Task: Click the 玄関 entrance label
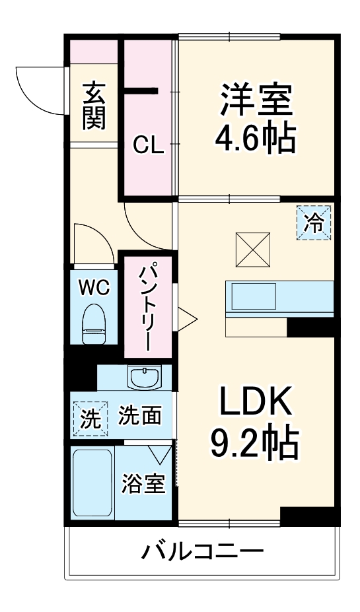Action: [94, 105]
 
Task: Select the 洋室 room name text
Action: [255, 100]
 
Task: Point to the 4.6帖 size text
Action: [255, 138]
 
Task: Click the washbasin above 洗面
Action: [144, 379]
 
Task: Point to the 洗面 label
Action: [140, 415]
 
